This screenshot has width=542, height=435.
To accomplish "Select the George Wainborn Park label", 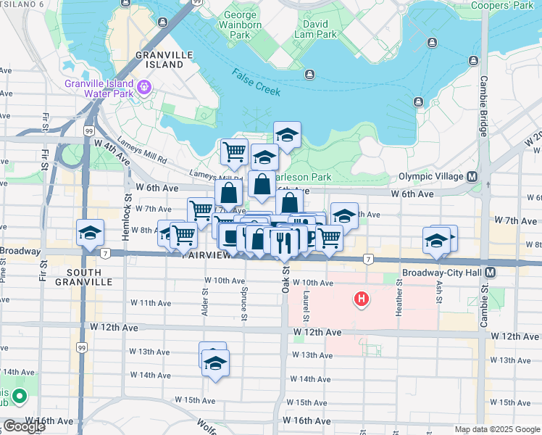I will pyautogui.click(x=240, y=25).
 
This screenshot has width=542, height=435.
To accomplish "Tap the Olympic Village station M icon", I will pyautogui.click(x=472, y=177).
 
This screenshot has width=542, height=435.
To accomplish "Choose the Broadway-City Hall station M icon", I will pyautogui.click(x=491, y=272).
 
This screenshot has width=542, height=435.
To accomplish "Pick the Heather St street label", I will pyautogui.click(x=399, y=298).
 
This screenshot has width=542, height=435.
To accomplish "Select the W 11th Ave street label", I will pyautogui.click(x=150, y=302).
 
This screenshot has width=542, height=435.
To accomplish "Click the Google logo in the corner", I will pyautogui.click(x=24, y=426).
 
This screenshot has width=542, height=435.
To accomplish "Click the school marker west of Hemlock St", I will pyautogui.click(x=90, y=233).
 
